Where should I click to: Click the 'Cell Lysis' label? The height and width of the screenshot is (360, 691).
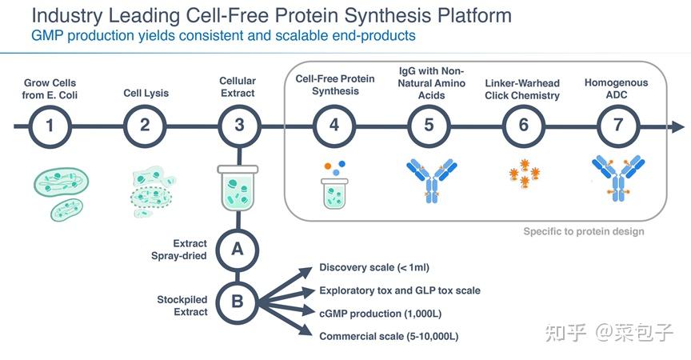click(x=146, y=94)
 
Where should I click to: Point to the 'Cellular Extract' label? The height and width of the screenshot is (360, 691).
click(x=238, y=87)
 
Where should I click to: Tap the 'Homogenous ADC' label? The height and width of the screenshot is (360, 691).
click(x=616, y=89)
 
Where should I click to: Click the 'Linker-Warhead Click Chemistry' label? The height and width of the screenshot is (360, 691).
click(x=522, y=90)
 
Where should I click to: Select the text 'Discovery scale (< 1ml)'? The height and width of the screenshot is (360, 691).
click(x=374, y=267)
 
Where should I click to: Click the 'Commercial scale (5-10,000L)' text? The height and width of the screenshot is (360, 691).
click(x=389, y=337)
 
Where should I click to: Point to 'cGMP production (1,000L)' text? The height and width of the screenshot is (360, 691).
click(x=381, y=314)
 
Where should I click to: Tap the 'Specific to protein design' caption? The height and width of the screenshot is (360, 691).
click(x=584, y=231)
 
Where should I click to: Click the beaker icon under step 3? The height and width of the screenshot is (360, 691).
click(x=238, y=188)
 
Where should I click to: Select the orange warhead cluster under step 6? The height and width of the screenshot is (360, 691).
click(x=524, y=173)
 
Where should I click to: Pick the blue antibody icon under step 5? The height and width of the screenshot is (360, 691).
click(x=431, y=181)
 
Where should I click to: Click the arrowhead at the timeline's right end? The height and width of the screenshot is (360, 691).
click(x=677, y=127)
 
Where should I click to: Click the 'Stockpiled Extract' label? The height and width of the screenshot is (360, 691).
click(x=182, y=306)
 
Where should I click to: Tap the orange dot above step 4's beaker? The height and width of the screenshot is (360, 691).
click(x=327, y=166)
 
